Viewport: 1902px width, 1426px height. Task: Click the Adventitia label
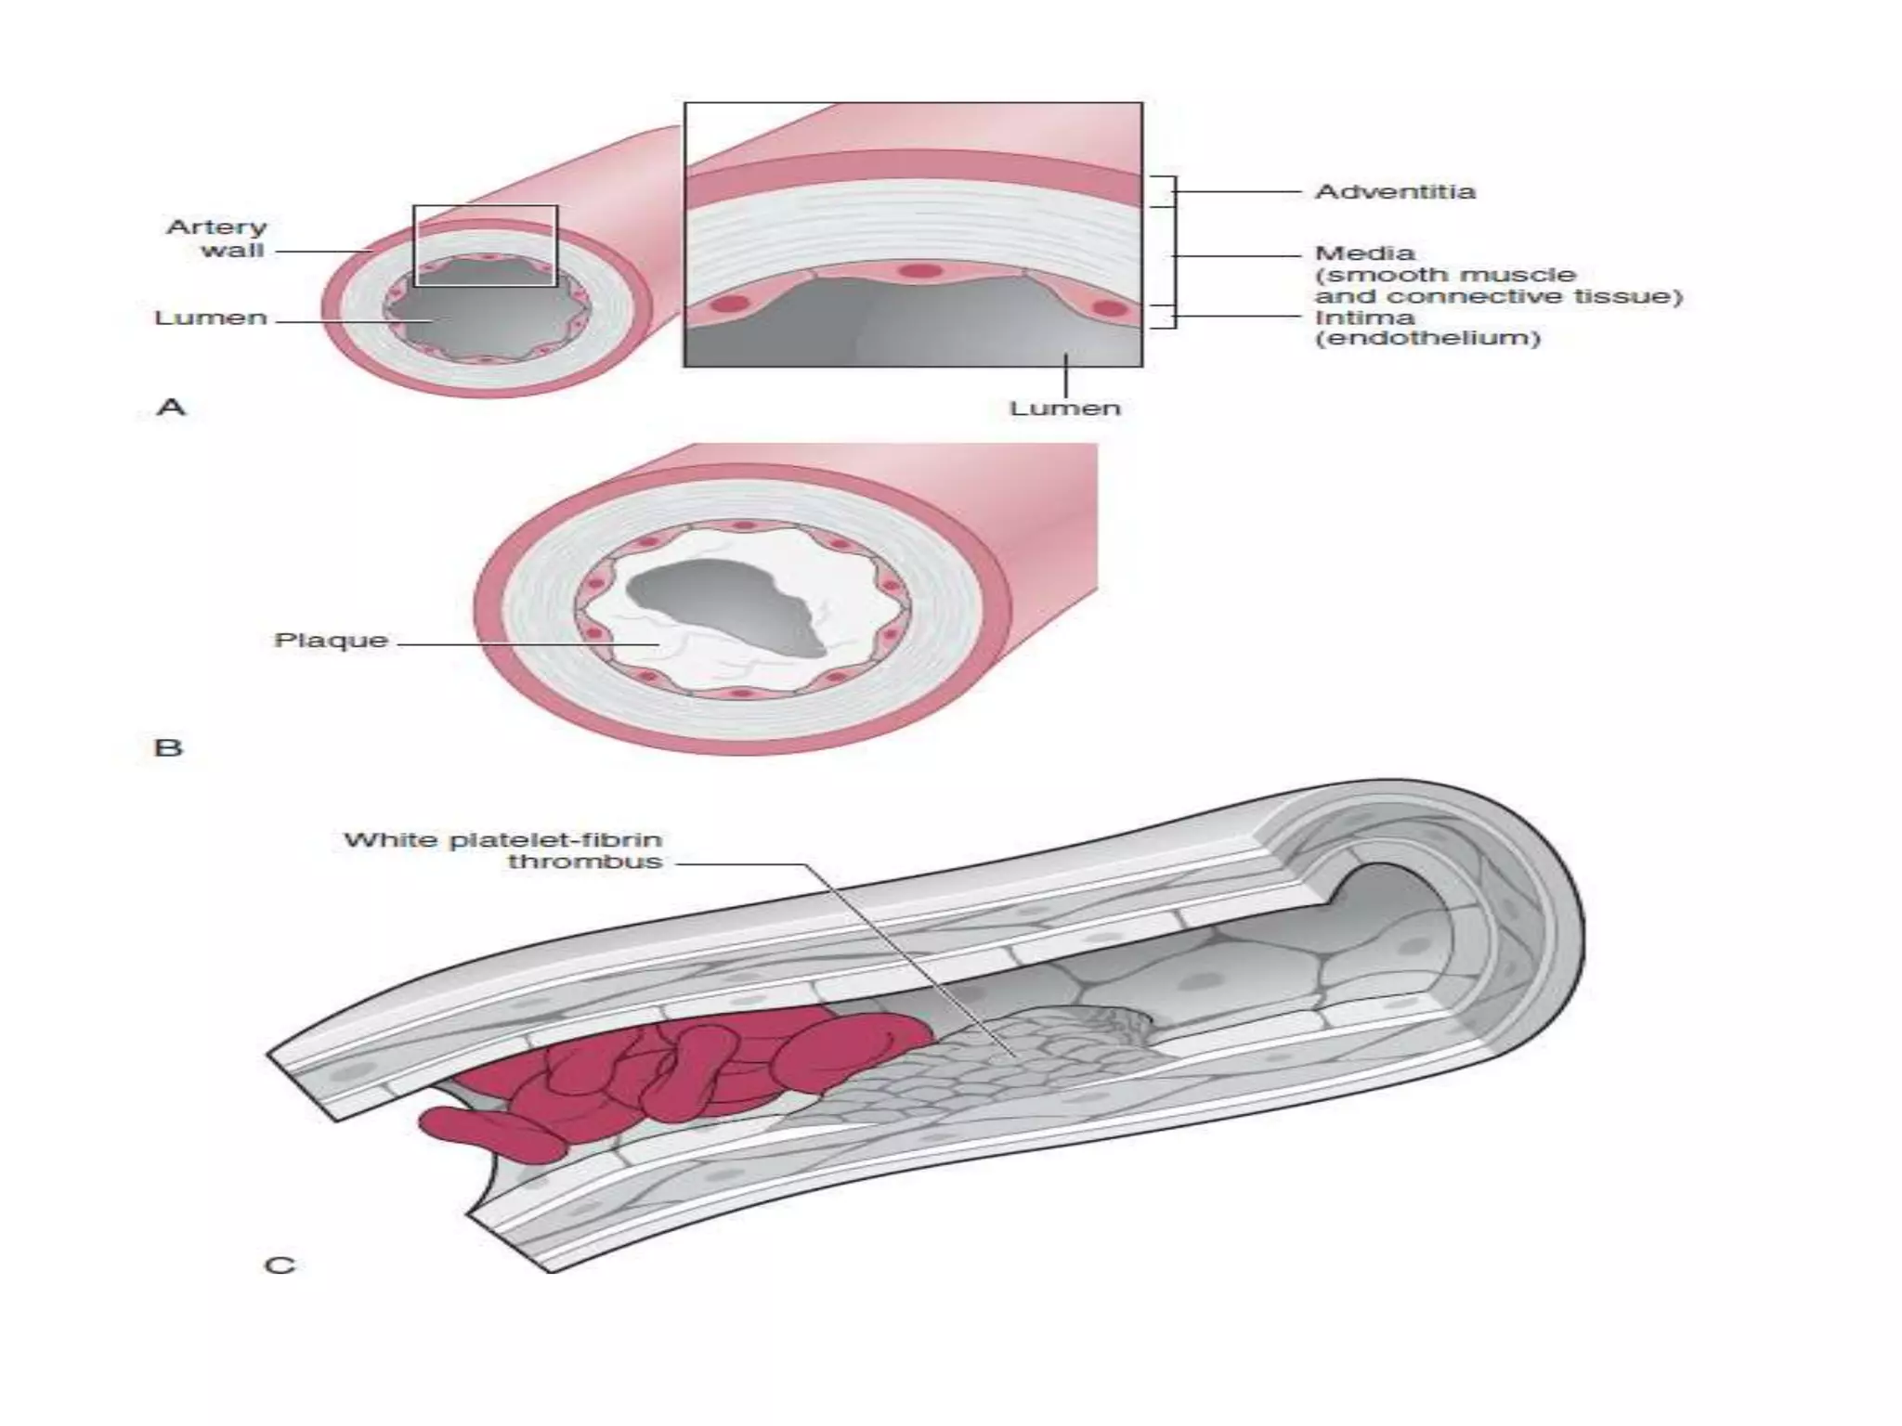click(x=1394, y=192)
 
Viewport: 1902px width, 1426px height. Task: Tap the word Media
click(x=1364, y=253)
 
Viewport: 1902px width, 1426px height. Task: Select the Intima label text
click(x=1364, y=318)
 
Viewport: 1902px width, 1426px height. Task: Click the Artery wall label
click(x=217, y=239)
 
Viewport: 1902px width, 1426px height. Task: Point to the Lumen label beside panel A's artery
click(x=211, y=318)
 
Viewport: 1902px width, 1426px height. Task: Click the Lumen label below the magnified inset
click(x=1065, y=408)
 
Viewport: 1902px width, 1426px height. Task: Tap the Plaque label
click(x=331, y=641)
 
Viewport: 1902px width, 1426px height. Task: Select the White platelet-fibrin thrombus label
click(x=504, y=850)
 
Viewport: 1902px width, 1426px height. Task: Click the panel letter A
click(x=172, y=407)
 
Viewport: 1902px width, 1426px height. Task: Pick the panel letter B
click(x=168, y=747)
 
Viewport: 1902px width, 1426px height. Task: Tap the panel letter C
click(x=280, y=1265)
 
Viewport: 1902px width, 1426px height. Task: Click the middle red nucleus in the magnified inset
click(x=919, y=271)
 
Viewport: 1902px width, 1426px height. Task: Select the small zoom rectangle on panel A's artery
click(x=485, y=207)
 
